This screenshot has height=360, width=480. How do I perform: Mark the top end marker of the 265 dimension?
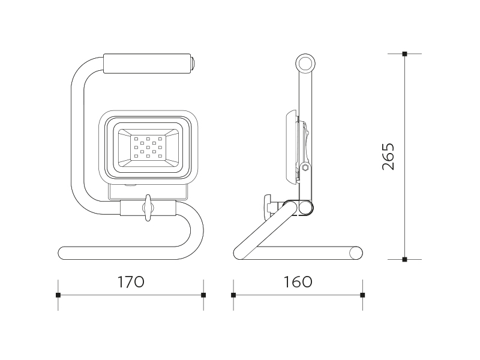point(404,54)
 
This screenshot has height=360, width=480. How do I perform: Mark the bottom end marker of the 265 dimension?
point(404,259)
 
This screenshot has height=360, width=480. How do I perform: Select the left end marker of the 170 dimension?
point(58,295)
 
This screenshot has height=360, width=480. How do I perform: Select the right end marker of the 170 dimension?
point(203,295)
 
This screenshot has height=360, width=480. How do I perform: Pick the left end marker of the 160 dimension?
point(233,295)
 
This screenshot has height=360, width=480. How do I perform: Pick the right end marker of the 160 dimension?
point(362,295)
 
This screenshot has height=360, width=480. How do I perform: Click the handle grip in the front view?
point(148,64)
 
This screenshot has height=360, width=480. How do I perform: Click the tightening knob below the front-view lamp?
point(148,208)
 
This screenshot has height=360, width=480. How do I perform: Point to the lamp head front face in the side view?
point(290,148)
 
